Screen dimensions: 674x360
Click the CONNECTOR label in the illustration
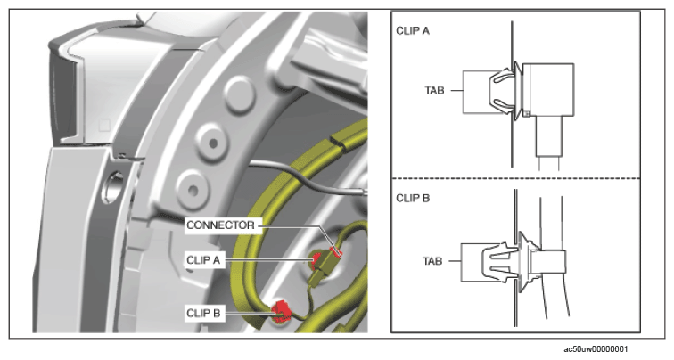220,225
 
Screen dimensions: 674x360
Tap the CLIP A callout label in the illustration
203,260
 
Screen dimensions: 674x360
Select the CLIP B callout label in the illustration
203,313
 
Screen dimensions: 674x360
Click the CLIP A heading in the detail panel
412,31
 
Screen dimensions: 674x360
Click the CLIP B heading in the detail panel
413,198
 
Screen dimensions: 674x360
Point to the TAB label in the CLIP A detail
434,91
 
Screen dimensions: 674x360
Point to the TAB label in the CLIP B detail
432,261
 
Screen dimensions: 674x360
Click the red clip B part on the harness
281,311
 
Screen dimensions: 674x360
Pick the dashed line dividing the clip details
516,178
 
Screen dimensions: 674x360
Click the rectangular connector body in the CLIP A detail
549,89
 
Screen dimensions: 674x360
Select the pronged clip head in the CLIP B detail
498,262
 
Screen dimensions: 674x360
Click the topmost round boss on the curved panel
240,95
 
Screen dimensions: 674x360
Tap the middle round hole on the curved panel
213,143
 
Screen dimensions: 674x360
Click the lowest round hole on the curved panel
193,190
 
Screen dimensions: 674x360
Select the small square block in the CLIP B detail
547,262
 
